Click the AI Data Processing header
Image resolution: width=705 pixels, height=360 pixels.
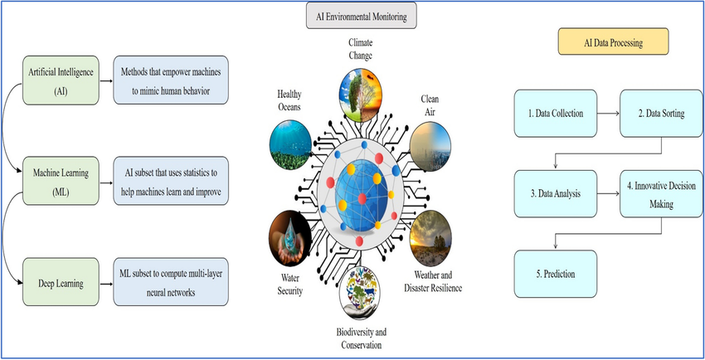point(612,41)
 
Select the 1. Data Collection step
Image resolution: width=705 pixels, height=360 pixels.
point(554,112)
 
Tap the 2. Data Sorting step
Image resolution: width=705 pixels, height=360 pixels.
point(660,112)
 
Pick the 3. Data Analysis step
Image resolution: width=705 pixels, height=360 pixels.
point(554,193)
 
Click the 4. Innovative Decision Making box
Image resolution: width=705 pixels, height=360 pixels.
point(660,193)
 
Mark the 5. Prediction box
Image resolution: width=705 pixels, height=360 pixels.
point(554,274)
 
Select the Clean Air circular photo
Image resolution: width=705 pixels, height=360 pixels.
point(432,143)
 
